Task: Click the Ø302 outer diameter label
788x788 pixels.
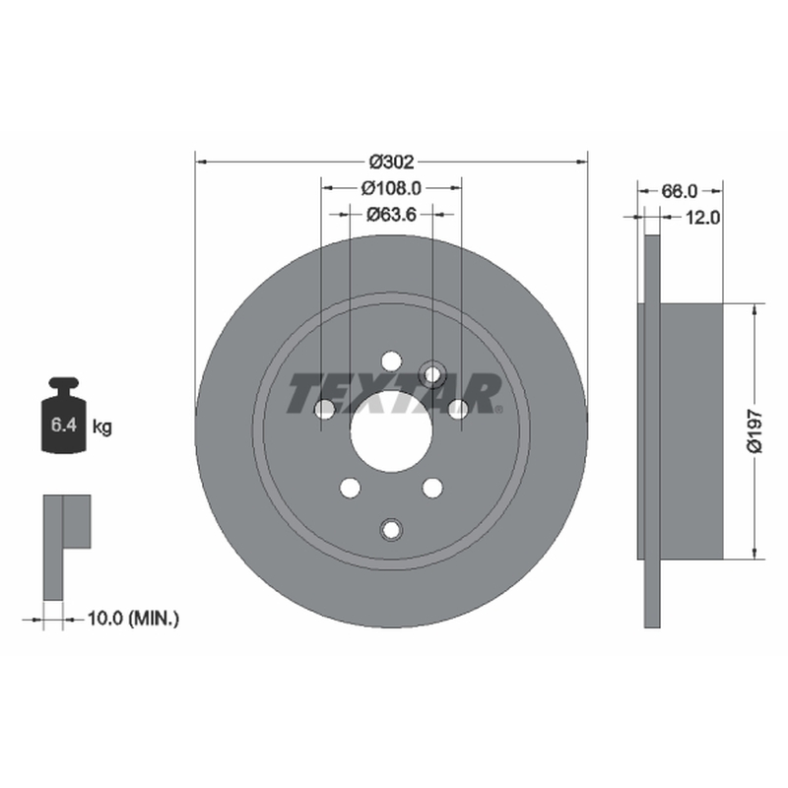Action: [x=391, y=162]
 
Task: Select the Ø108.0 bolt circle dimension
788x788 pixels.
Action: [x=391, y=188]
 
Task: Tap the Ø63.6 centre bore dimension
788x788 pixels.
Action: [x=391, y=215]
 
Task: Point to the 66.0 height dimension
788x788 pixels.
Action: [x=680, y=191]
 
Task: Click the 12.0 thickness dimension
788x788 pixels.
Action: [x=703, y=218]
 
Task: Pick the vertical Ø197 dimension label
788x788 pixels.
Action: [x=755, y=431]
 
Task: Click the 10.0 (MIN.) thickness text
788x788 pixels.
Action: [x=133, y=619]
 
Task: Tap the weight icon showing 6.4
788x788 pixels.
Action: [x=63, y=416]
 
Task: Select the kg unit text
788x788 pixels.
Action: [x=102, y=427]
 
